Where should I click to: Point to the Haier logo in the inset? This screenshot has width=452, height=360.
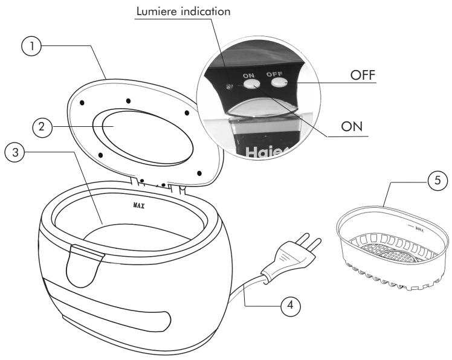tap(266, 153)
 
